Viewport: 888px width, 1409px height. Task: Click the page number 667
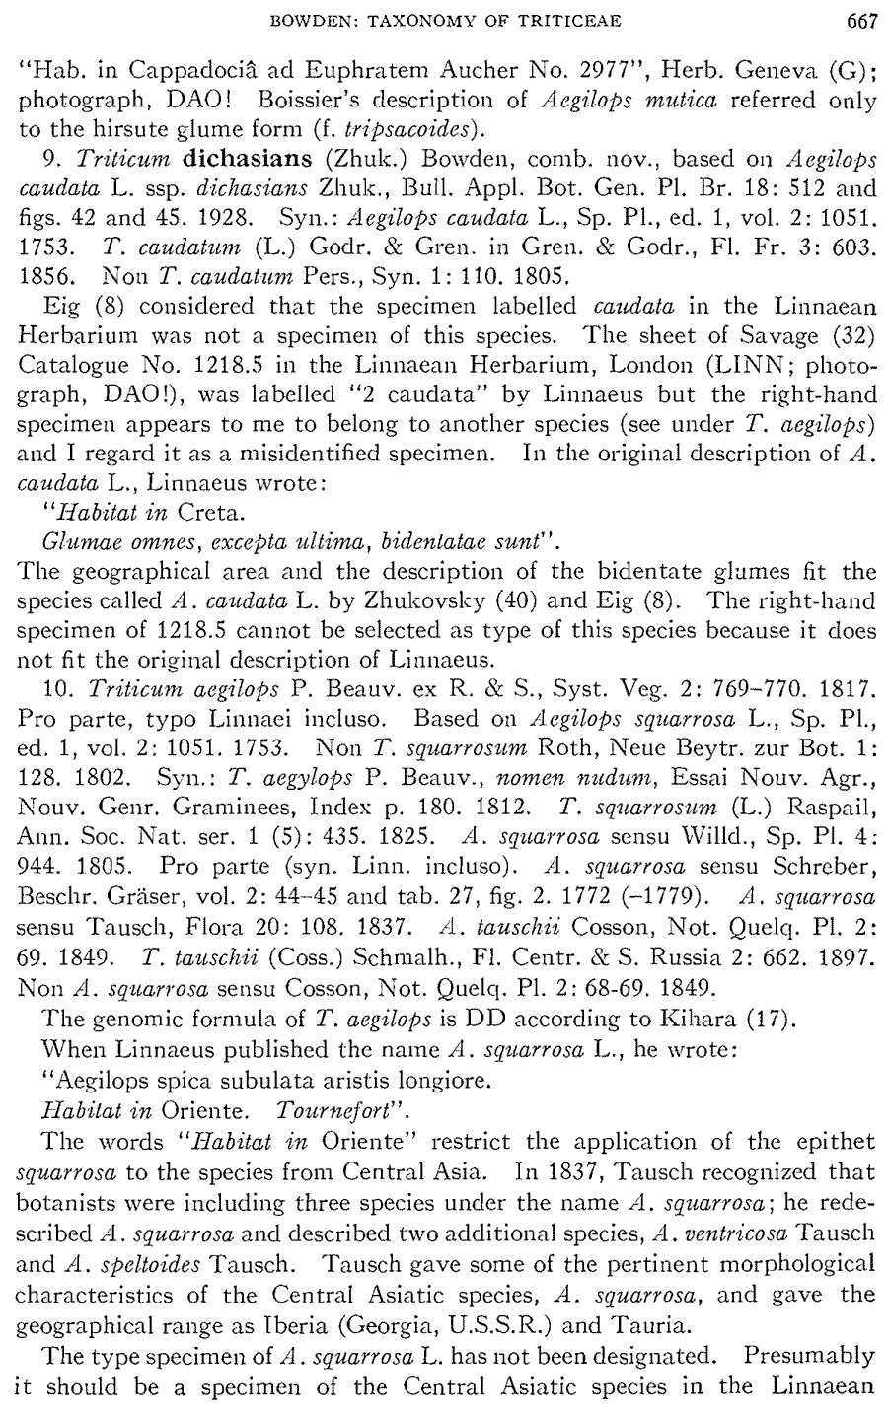pos(853,18)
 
